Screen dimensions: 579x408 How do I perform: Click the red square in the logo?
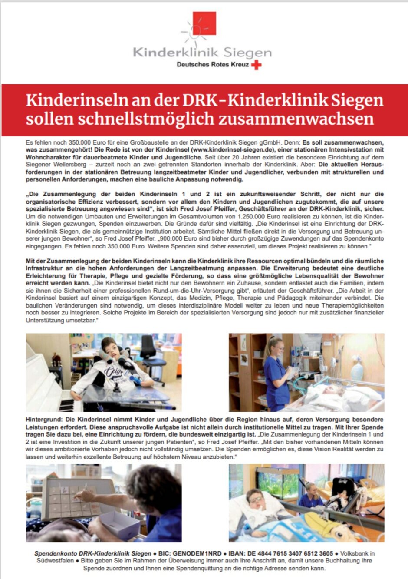pyautogui.click(x=204, y=24)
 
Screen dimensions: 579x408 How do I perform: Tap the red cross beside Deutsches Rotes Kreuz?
pyautogui.click(x=257, y=65)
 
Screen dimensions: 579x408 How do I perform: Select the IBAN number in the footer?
pyautogui.click(x=295, y=554)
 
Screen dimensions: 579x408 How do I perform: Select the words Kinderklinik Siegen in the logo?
pyautogui.click(x=202, y=53)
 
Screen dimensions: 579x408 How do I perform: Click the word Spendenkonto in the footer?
pyautogui.click(x=56, y=554)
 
